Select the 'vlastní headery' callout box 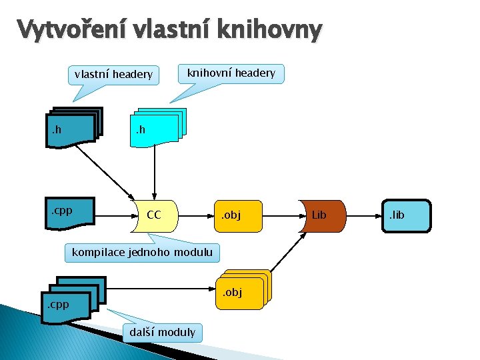(113, 74)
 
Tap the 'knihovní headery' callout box (231, 73)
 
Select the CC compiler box (155, 215)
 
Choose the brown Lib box (322, 215)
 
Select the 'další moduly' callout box (163, 331)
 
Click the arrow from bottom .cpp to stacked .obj (160, 291)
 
